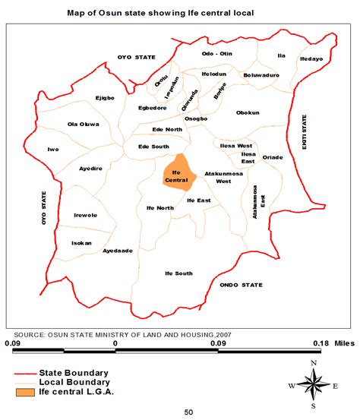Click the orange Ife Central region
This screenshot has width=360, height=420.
[x=177, y=171]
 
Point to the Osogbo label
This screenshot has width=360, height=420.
[x=196, y=118]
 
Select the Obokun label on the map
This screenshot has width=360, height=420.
[x=248, y=112]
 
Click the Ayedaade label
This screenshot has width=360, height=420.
[x=118, y=250]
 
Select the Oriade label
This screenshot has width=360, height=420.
[x=272, y=157]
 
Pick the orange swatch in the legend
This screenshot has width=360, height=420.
[x=33, y=392]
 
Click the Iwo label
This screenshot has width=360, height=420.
[x=53, y=150]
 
